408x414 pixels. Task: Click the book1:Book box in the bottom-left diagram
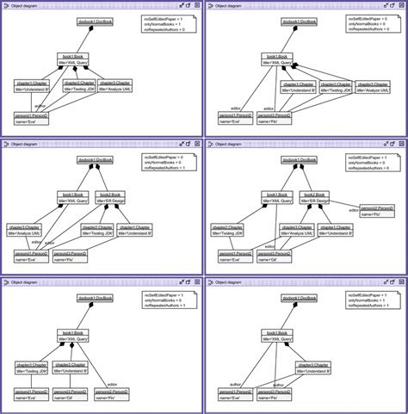[x=75, y=335]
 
